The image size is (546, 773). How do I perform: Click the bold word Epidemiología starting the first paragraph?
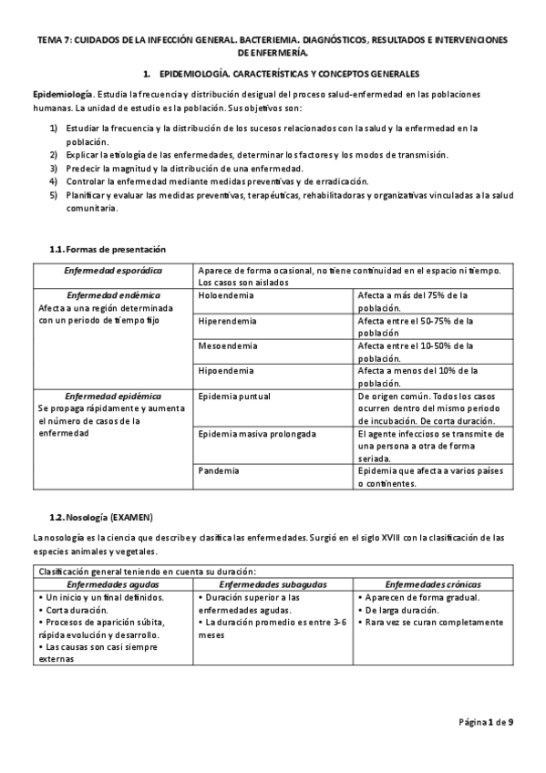pos(60,95)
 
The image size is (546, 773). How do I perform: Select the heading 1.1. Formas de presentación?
pos(108,249)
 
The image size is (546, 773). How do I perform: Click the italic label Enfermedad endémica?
pos(114,295)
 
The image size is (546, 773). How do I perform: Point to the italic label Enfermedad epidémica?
pos(114,397)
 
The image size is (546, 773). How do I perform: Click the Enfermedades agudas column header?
pos(113,583)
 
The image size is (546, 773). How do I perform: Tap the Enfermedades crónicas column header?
pos(433,583)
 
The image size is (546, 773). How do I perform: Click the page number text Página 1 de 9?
pos(486,723)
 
